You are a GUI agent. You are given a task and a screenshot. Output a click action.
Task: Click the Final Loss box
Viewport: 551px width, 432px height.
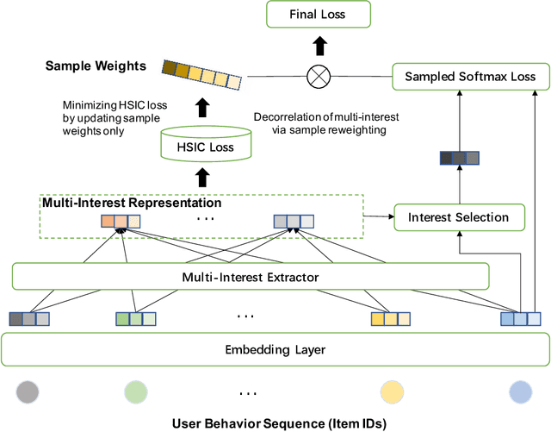(x=318, y=15)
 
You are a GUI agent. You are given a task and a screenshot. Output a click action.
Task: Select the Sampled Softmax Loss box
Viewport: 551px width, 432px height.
(x=470, y=77)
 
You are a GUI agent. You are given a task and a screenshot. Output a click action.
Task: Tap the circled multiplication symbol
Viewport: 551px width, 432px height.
(x=318, y=77)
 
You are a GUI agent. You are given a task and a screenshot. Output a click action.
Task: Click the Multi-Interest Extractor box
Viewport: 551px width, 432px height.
(x=251, y=276)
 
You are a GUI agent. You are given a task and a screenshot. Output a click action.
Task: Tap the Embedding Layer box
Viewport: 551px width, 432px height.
(x=275, y=350)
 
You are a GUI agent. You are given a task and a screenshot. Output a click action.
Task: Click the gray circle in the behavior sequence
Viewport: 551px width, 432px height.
(x=27, y=392)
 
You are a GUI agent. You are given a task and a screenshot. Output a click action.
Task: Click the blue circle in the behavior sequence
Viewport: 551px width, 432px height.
(x=522, y=392)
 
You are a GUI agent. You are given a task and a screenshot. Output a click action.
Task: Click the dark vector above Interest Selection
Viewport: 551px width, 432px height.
(x=459, y=158)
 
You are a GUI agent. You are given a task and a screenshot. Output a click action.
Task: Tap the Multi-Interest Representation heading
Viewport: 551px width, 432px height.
(x=132, y=204)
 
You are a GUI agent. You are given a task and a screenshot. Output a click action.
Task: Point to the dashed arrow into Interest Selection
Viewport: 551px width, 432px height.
(x=378, y=217)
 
